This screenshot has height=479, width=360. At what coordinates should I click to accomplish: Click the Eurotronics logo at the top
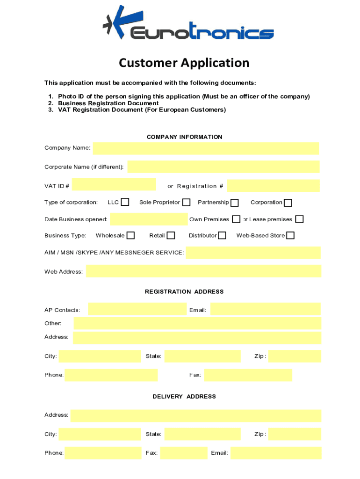[188, 23]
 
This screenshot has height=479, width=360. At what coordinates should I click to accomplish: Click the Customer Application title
[184, 63]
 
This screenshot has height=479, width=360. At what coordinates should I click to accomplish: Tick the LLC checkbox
[125, 202]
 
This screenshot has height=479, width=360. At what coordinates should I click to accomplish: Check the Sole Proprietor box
[186, 202]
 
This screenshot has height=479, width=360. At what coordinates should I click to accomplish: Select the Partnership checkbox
[235, 203]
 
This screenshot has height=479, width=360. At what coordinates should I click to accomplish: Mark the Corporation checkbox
[288, 203]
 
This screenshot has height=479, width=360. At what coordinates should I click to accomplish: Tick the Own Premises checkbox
[237, 219]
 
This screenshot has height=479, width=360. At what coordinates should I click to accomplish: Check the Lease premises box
[299, 219]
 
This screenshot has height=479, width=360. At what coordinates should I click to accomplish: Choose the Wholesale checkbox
[131, 235]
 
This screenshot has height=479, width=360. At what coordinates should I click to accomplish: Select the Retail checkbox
[171, 235]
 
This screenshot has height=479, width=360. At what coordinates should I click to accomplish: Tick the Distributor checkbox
[222, 235]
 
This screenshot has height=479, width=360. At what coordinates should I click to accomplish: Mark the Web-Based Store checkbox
[290, 235]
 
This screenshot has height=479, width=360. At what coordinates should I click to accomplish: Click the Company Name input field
[206, 148]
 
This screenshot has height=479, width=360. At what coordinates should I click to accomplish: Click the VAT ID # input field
[114, 185]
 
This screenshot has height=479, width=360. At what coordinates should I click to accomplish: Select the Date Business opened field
[149, 219]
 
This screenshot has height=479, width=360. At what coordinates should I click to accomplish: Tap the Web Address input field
[203, 271]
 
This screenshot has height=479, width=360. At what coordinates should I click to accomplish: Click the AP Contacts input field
[137, 309]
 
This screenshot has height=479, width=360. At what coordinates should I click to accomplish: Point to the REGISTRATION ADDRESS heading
[184, 291]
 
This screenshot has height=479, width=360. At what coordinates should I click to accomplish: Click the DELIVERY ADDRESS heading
[184, 396]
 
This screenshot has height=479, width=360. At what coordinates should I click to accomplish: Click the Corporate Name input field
[223, 167]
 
